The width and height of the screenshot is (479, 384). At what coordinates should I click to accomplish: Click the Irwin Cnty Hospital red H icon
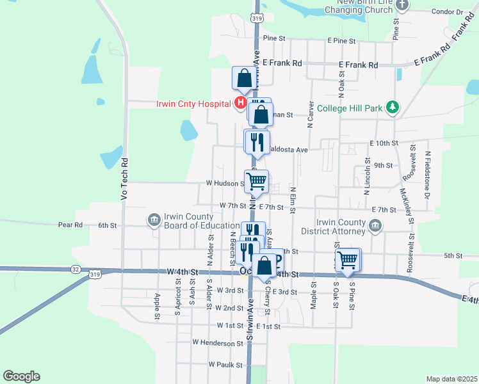(x=240, y=102)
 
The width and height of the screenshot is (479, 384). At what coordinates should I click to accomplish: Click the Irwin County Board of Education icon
(x=154, y=221)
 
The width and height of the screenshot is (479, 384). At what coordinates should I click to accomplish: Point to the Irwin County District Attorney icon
(x=376, y=226)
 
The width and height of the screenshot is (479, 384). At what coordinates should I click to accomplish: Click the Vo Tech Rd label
(x=124, y=179)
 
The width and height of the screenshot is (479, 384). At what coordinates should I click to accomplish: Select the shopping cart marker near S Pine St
(x=347, y=260)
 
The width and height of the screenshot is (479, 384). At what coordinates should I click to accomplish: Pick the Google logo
(x=21, y=376)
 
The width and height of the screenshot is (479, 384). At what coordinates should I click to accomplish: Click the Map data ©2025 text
(x=451, y=379)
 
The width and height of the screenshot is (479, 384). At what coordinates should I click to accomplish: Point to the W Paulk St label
(x=225, y=365)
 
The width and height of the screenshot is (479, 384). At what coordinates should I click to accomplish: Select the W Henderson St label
(x=218, y=343)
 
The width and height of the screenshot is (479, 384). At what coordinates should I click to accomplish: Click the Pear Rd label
(x=70, y=225)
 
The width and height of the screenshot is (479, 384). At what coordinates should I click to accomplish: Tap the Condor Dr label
(x=446, y=12)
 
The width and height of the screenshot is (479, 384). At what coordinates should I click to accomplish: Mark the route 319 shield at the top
(x=257, y=19)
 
